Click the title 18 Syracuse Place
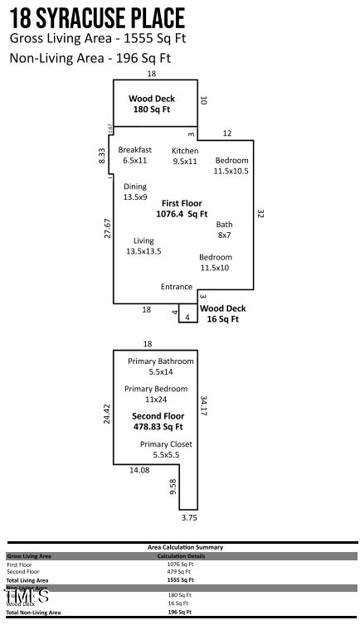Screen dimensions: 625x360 pyautogui.click(x=97, y=17)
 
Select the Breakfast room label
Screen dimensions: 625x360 pyautogui.click(x=134, y=155)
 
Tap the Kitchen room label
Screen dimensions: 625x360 pyautogui.click(x=185, y=156)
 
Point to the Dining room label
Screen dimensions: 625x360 pyautogui.click(x=134, y=192)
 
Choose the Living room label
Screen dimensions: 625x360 pyautogui.click(x=144, y=245)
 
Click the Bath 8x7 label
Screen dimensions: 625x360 pyautogui.click(x=224, y=230)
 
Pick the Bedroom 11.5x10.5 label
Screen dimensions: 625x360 pyautogui.click(x=231, y=166)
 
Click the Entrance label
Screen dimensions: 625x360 pyautogui.click(x=177, y=287)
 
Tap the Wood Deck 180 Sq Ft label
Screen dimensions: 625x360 pyautogui.click(x=151, y=104)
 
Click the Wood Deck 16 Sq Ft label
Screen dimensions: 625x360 pyautogui.click(x=223, y=313)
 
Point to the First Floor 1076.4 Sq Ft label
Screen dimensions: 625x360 pyautogui.click(x=181, y=208)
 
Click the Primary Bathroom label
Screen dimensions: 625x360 pyautogui.click(x=161, y=367)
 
